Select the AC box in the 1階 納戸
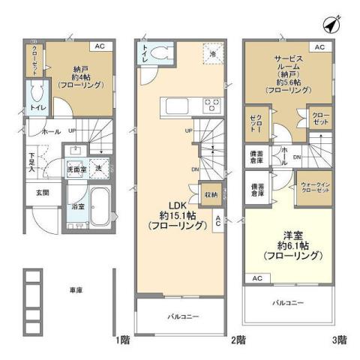click(99, 46)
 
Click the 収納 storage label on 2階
click(210, 195)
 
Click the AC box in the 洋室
click(257, 278)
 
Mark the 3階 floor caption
click(341, 340)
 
